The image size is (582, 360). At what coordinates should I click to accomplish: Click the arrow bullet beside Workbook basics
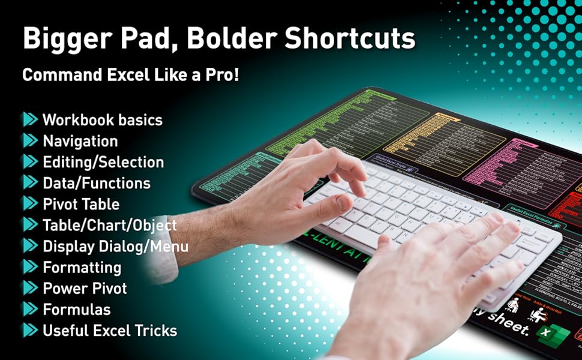pos(30,119)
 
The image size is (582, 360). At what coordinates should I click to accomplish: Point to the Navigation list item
pos(80,141)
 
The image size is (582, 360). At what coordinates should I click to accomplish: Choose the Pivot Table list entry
pos(80,204)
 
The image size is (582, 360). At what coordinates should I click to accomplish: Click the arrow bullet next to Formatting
pos(30,267)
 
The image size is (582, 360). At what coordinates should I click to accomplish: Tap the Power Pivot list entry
pos(85,288)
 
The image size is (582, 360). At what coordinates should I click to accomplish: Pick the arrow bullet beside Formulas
pos(30,309)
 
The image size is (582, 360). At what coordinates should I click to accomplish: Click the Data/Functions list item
pos(96,183)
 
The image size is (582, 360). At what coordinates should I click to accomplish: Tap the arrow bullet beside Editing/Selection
pos(30,162)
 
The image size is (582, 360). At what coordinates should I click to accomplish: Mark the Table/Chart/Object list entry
pos(109,225)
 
